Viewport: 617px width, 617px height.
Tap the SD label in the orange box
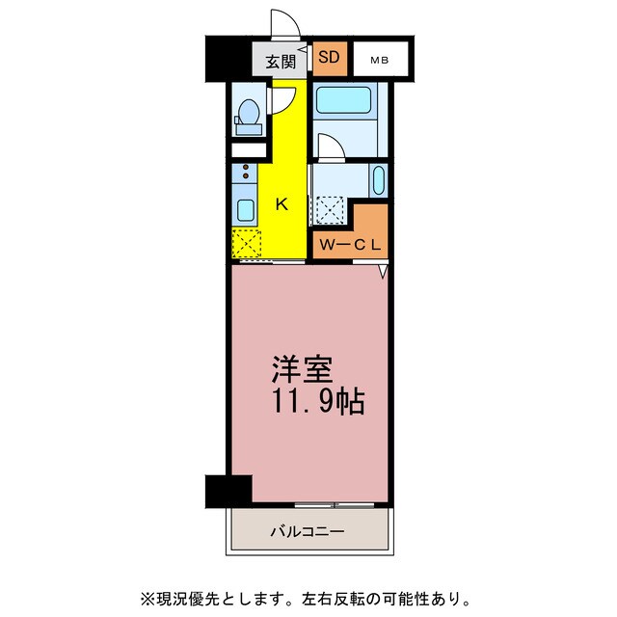pyautogui.click(x=328, y=58)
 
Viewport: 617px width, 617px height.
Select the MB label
pyautogui.click(x=382, y=61)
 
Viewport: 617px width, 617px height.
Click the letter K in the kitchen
pyautogui.click(x=282, y=203)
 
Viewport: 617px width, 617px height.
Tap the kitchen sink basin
pyautogui.click(x=245, y=210)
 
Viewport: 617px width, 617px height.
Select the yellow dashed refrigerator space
pyautogui.click(x=247, y=244)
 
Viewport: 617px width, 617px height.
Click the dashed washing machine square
pyautogui.click(x=332, y=209)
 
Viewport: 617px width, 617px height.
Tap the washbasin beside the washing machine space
pyautogui.click(x=378, y=180)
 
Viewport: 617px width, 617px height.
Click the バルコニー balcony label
pyautogui.click(x=307, y=530)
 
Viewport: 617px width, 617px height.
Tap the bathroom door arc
pyautogui.click(x=329, y=146)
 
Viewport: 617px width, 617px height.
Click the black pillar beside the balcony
pyautogui.click(x=227, y=490)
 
